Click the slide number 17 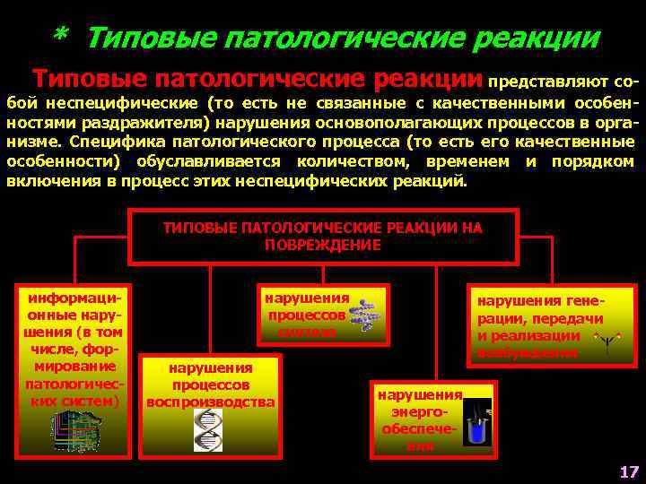627,471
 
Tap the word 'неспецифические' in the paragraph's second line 121,101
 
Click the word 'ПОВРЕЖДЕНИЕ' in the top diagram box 323,244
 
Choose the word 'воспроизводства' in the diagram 210,402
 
